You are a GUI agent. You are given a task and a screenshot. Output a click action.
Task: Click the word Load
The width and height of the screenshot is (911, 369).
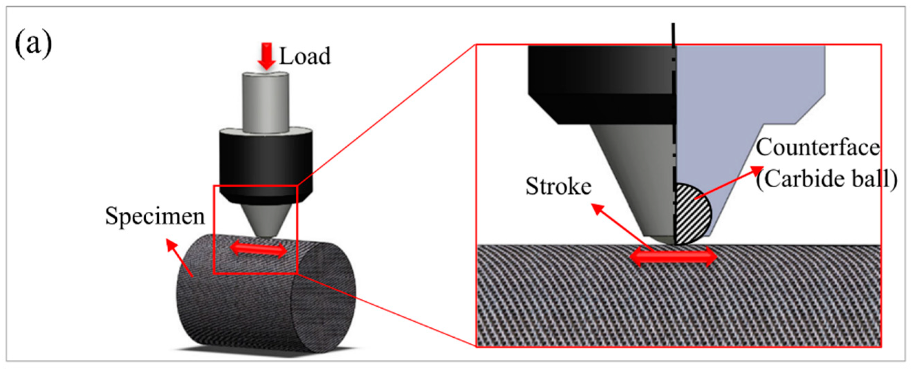click(305, 56)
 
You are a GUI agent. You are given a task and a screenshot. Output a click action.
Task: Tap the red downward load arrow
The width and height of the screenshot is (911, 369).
click(266, 56)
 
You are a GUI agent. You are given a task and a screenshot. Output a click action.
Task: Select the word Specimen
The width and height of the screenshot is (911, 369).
click(155, 216)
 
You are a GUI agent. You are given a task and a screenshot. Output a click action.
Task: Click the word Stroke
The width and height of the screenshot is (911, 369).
click(558, 186)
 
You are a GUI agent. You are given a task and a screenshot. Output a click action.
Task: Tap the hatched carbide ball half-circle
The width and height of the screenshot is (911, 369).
click(691, 214)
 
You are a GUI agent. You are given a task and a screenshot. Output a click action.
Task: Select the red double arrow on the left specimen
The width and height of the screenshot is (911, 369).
click(258, 250)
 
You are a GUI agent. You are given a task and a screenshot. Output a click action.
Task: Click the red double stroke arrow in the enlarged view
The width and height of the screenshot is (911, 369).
click(673, 256)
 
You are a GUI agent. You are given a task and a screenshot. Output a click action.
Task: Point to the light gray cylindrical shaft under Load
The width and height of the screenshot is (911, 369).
click(265, 103)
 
